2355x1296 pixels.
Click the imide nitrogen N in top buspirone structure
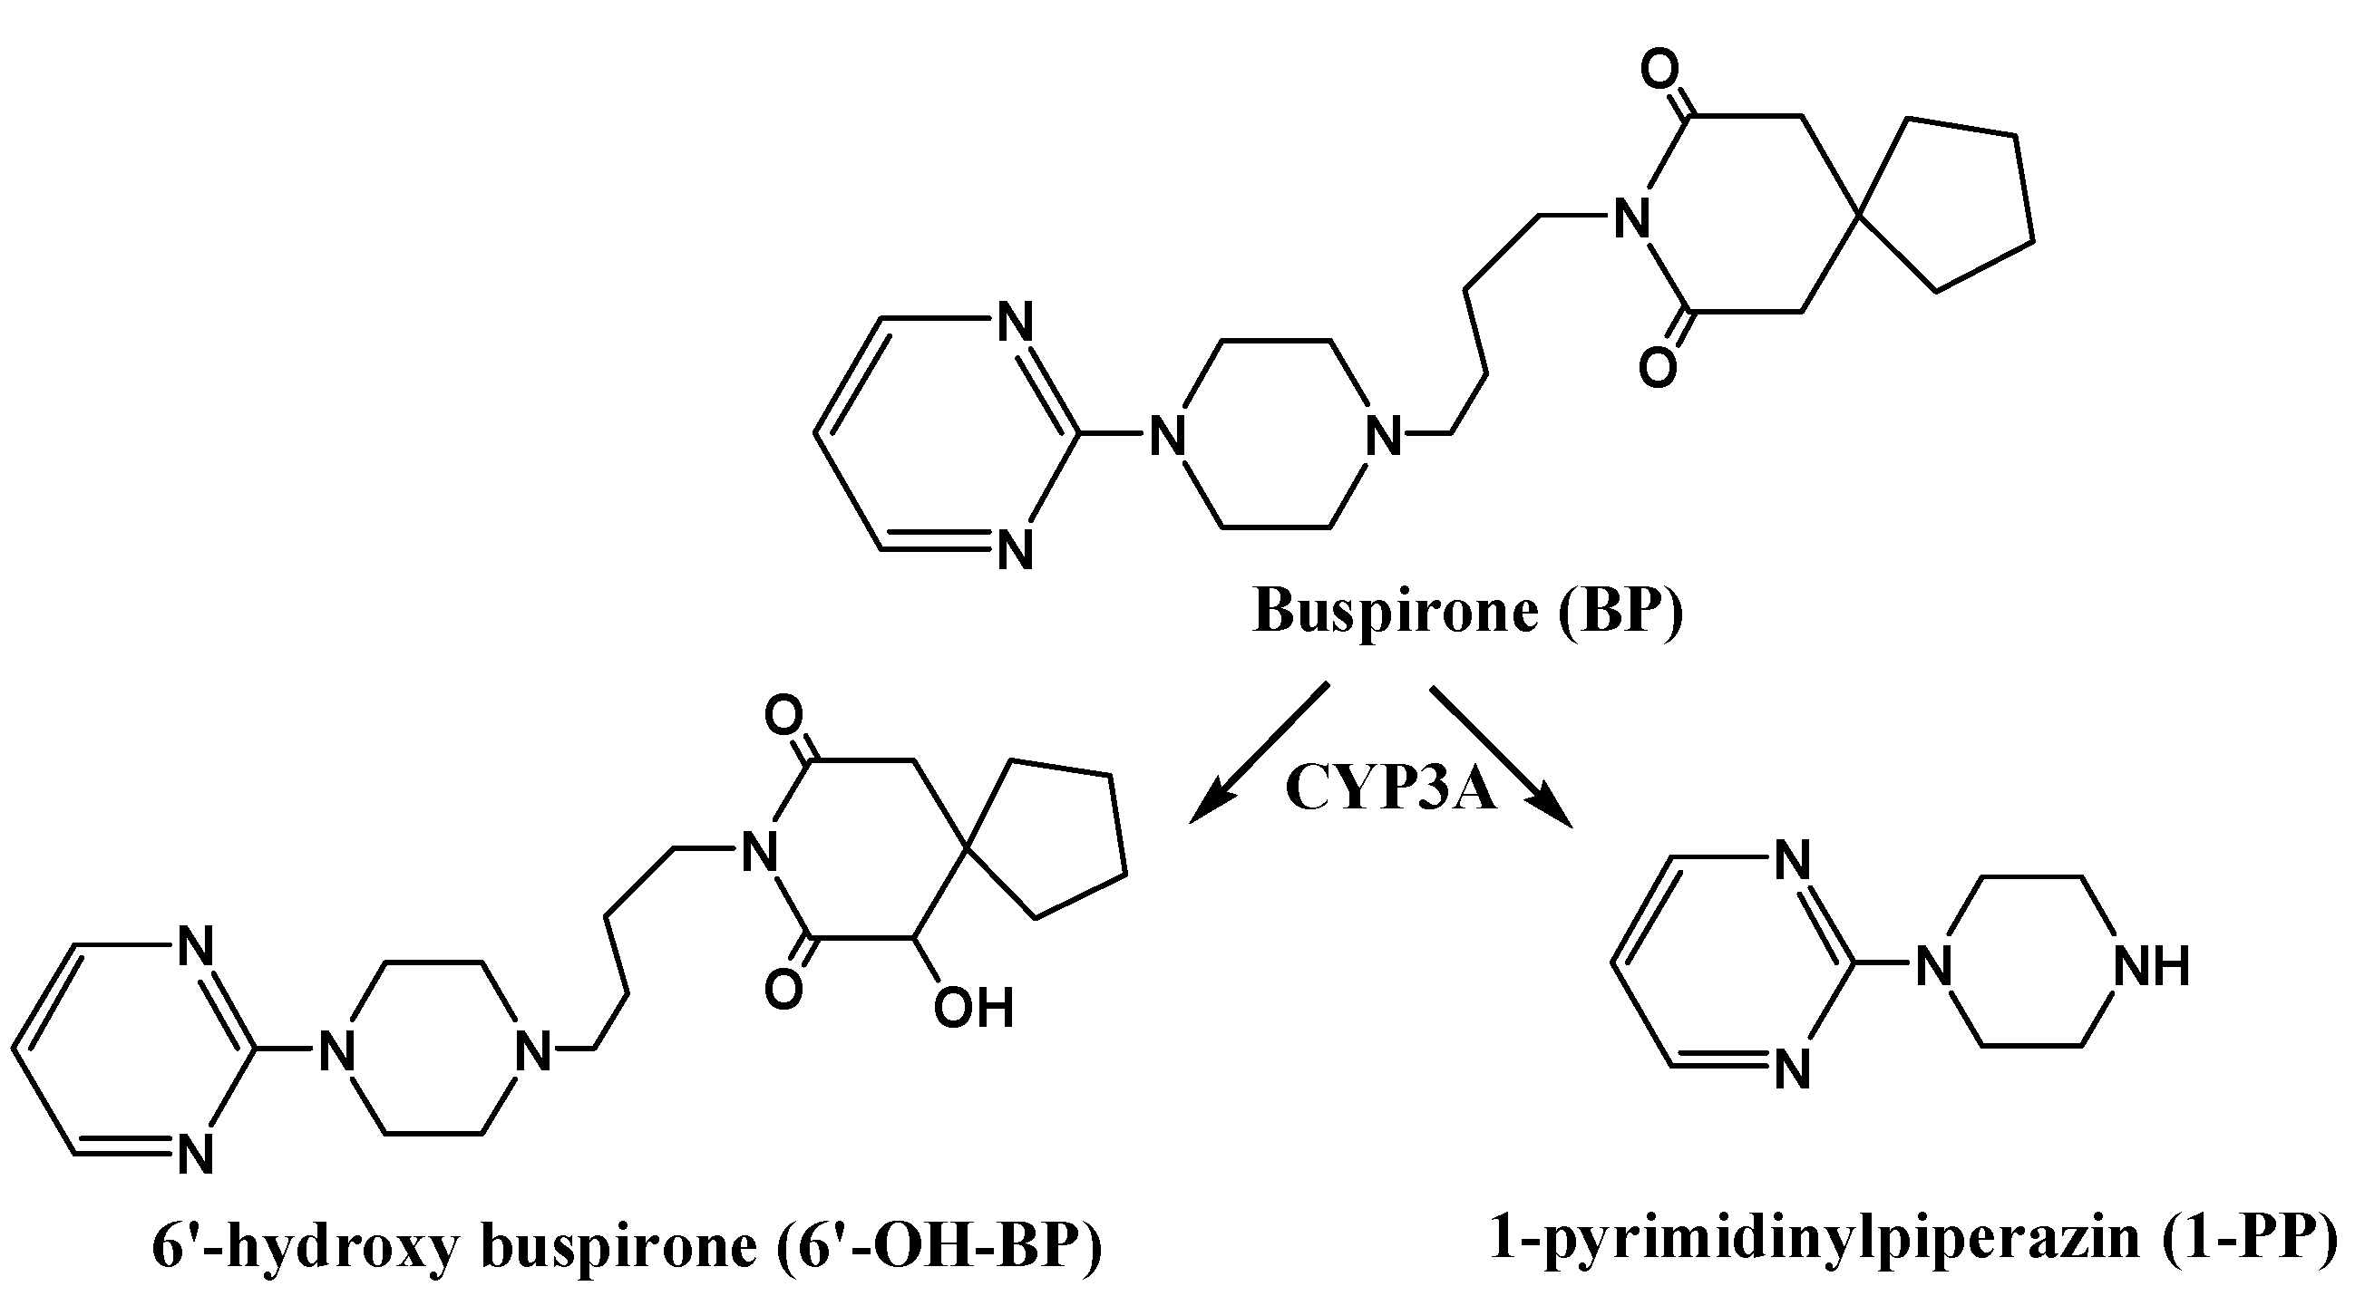point(1633,218)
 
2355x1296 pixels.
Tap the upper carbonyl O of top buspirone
point(1659,70)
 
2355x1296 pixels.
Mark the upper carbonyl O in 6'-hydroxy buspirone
point(783,718)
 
